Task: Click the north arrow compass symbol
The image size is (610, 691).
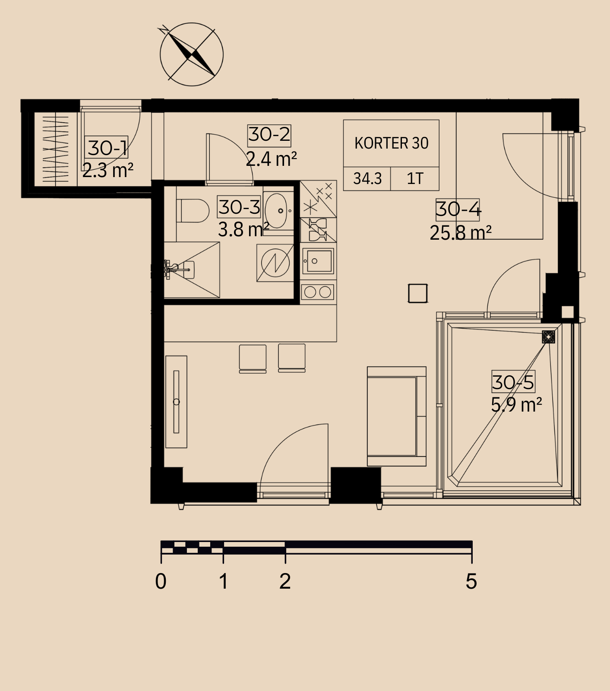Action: pos(192,54)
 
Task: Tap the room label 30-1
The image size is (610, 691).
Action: pos(108,148)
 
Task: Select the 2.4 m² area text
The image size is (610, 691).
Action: pos(272,159)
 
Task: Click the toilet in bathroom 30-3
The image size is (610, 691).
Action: pos(193,210)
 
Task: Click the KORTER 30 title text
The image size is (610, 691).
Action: pos(392,143)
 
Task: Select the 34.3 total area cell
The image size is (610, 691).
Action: pos(367,178)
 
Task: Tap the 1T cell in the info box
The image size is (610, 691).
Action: pos(415,178)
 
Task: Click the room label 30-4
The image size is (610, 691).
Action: pos(458,209)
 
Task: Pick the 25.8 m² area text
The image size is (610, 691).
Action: pos(461,233)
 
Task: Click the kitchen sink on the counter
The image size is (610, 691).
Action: pos(319,260)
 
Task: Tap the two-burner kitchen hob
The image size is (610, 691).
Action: pos(318,292)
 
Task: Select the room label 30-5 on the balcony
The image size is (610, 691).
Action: pos(513,382)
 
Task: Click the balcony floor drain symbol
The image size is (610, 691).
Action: pos(548,337)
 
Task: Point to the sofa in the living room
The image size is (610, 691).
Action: pos(397,416)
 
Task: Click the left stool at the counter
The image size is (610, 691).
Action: pos(253,358)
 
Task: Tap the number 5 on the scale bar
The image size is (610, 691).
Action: pos(471,581)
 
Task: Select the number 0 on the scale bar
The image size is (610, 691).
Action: pos(161,581)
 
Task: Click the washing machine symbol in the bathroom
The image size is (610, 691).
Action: pos(275,263)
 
